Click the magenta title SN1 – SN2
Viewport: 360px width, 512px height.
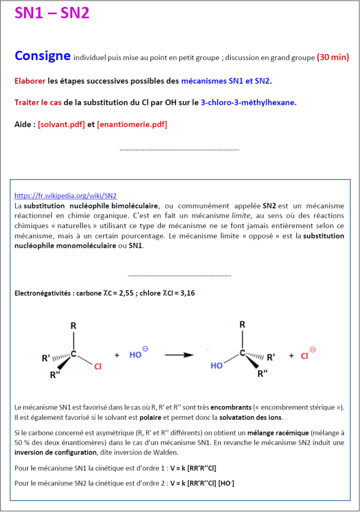click(52, 14)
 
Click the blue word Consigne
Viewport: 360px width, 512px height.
click(43, 56)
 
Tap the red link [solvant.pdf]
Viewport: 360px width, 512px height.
click(61, 124)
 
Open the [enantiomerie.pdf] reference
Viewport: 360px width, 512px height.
click(132, 124)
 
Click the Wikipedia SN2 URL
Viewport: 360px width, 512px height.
click(65, 195)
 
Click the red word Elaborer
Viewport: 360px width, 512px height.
click(30, 81)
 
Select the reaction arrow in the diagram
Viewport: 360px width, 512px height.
click(179, 355)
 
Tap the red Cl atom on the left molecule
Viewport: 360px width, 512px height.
click(98, 366)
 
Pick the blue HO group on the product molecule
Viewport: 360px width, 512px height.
click(217, 366)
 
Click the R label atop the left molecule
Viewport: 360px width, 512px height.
click(73, 326)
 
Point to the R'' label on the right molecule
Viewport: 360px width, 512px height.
click(262, 374)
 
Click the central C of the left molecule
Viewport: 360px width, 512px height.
click(74, 353)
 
